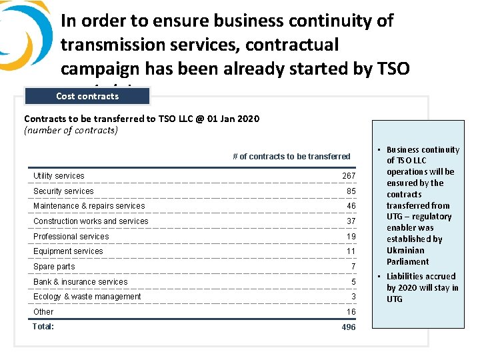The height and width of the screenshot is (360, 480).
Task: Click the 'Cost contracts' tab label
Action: (x=87, y=96)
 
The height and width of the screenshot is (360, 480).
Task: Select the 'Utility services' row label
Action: (x=59, y=176)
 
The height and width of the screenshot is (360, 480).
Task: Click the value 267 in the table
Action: (x=349, y=176)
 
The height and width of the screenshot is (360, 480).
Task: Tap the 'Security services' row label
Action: (x=63, y=191)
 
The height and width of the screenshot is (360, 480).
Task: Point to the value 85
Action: (x=351, y=191)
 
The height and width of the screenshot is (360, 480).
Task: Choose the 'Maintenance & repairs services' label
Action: (x=89, y=206)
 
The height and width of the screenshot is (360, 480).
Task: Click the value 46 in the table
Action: (x=351, y=206)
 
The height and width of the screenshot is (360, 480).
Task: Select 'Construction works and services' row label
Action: (x=91, y=221)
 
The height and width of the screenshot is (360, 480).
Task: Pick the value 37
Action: (x=351, y=221)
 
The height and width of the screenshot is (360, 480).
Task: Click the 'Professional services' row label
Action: (x=71, y=237)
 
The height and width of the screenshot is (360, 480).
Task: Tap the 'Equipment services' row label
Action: (x=68, y=251)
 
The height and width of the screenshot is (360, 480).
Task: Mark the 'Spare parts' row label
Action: (x=54, y=267)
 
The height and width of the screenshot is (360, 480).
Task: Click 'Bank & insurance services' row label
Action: (x=80, y=282)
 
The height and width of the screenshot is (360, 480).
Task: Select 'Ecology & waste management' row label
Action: (x=87, y=297)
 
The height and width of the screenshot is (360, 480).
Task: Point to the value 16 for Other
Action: (x=351, y=312)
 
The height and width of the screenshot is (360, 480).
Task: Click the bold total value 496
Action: (x=349, y=327)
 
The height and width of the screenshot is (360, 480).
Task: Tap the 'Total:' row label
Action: (x=43, y=326)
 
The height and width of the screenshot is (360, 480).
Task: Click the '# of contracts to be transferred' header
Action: (x=291, y=157)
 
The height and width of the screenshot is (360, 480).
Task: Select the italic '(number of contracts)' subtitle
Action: (x=71, y=130)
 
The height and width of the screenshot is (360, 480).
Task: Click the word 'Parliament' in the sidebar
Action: (x=407, y=261)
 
